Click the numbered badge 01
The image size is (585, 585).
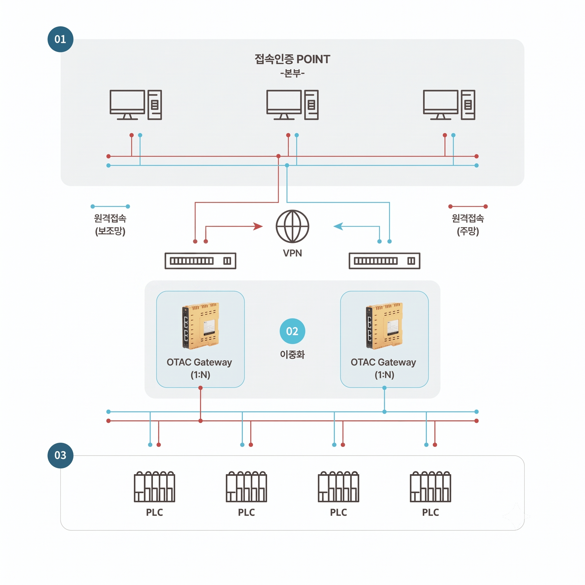[61, 39]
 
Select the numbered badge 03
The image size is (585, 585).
[61, 455]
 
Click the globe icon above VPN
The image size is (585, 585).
[292, 226]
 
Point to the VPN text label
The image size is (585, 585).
[292, 253]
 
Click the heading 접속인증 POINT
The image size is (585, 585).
[292, 59]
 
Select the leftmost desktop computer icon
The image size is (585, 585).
[136, 105]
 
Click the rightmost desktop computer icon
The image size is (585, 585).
[449, 105]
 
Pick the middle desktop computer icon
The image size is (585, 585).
[292, 105]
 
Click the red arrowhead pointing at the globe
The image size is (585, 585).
[258, 226]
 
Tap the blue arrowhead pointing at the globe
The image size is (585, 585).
[338, 226]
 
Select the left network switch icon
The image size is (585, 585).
[200, 261]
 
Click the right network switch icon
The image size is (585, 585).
[385, 261]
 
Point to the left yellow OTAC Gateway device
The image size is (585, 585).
[200, 326]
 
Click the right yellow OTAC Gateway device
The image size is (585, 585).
[384, 326]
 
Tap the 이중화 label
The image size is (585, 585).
[292, 354]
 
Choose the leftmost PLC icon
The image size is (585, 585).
[154, 486]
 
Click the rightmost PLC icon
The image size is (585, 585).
[431, 486]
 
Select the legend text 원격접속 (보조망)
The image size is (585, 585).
[110, 225]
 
